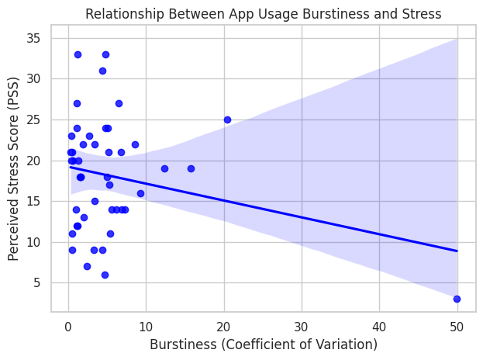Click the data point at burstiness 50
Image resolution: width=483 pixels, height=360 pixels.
coord(457,299)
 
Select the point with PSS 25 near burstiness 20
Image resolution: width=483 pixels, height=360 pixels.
coord(227,119)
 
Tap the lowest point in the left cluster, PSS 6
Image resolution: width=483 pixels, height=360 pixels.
coord(105,275)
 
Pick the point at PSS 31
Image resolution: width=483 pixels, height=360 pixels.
coord(102,71)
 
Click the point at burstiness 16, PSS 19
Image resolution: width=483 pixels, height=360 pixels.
coord(191,168)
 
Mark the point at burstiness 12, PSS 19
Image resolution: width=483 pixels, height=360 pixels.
coord(164,168)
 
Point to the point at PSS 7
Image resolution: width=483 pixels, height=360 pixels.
coord(87,266)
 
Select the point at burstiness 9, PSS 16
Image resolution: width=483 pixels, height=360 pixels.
coord(140,193)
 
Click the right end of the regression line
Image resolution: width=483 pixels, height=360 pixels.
coord(457,251)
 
